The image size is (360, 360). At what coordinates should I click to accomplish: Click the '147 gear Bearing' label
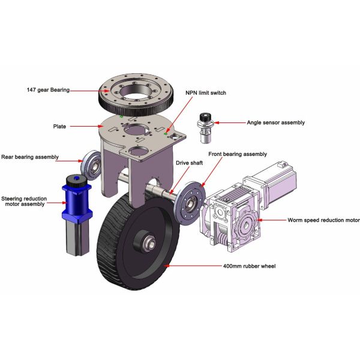48,90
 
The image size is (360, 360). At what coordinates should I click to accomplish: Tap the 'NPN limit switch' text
206,93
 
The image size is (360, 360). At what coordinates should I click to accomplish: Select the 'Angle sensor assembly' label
276,122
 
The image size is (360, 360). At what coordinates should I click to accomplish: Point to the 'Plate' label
59,126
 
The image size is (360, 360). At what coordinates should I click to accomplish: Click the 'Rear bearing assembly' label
30,157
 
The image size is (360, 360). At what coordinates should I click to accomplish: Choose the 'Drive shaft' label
189,163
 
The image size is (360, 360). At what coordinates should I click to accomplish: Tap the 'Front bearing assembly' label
238,154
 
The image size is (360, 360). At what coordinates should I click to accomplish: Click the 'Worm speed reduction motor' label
323,220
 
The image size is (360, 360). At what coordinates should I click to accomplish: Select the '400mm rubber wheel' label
250,266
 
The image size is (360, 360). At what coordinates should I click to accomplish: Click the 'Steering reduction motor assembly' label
24,202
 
